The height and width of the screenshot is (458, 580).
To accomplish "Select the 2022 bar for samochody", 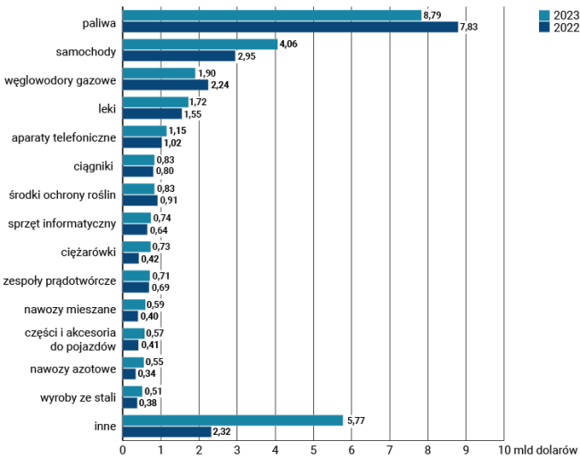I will click(x=178, y=56).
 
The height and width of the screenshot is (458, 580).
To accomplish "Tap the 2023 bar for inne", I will click(x=233, y=420).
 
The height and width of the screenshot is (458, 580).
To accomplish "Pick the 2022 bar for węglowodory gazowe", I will click(x=165, y=85).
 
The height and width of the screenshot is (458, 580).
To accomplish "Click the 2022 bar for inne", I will click(x=167, y=431).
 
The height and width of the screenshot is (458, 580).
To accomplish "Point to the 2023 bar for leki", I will click(x=155, y=102).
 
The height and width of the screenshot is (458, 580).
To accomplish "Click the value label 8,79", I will click(x=433, y=15).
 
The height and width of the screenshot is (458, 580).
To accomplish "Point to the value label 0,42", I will click(x=151, y=259).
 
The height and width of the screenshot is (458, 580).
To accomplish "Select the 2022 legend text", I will click(x=566, y=27).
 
